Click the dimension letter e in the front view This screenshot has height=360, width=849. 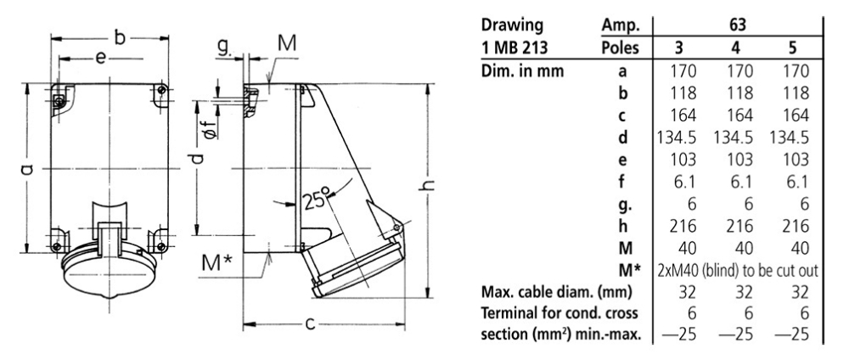pos(100,59)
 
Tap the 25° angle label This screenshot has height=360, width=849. pos(315,203)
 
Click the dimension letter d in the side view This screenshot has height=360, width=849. pos(197,160)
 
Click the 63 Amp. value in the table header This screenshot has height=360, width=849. pos(738,25)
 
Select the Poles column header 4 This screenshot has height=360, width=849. pos(739,48)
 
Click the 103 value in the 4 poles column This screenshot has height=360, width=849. pos(739,158)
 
